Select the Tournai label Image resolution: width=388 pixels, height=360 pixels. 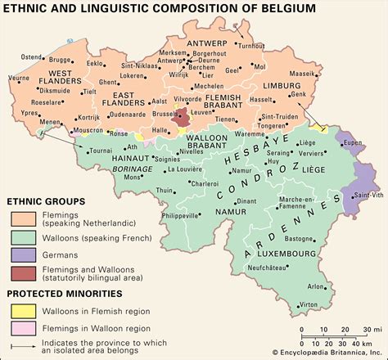(100, 151)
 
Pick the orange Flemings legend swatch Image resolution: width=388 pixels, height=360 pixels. (21, 218)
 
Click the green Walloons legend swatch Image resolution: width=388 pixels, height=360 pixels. (21, 236)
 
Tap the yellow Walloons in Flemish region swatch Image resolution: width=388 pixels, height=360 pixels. (21, 312)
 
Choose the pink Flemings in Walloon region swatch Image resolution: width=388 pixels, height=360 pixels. (21, 329)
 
